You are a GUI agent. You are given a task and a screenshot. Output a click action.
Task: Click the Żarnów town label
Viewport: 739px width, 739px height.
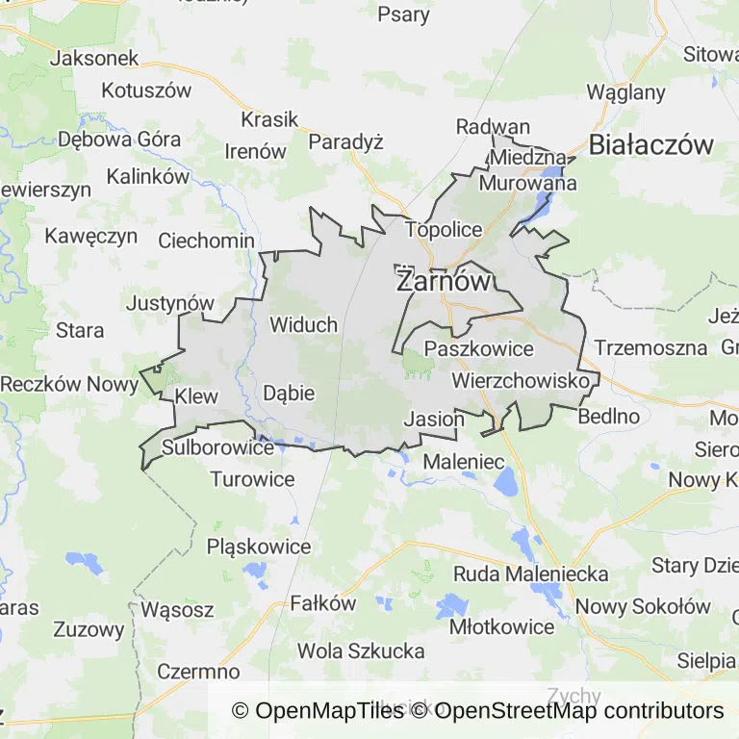(x=444, y=282)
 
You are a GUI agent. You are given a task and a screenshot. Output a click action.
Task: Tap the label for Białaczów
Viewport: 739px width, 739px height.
(x=651, y=145)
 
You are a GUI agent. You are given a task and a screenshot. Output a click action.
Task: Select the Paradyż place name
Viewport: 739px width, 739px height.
(x=345, y=141)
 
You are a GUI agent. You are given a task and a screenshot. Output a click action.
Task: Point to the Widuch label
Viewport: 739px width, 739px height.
(x=303, y=324)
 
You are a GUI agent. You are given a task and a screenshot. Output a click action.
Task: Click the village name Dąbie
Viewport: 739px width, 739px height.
(x=289, y=393)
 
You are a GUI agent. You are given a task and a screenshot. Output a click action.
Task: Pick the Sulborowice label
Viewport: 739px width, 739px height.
(x=217, y=447)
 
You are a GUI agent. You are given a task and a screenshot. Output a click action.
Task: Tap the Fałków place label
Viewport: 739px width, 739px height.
(x=323, y=604)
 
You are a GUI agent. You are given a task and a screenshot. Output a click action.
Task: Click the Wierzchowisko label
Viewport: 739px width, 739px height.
(x=520, y=381)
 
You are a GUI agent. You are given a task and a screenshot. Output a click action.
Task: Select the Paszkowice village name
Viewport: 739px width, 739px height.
(x=478, y=348)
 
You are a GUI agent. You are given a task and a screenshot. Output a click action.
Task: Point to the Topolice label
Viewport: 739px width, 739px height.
(x=444, y=229)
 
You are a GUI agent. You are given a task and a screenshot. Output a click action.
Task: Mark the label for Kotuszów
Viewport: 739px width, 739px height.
(x=146, y=91)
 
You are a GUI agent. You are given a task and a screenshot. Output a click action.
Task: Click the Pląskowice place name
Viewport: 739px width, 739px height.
(x=259, y=547)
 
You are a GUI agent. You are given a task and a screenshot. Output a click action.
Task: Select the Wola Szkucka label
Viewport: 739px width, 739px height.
(x=361, y=650)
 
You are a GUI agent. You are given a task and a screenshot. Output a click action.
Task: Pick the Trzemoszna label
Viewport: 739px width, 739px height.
(x=651, y=347)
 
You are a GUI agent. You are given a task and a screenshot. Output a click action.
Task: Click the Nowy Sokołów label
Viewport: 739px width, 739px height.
(x=643, y=606)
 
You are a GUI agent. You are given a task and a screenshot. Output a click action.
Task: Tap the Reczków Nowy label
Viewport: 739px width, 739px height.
(x=69, y=383)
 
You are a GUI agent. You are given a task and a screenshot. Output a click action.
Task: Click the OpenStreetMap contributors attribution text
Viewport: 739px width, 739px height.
(x=579, y=711)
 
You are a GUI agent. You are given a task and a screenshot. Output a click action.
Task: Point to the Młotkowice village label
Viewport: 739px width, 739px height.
(x=502, y=626)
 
